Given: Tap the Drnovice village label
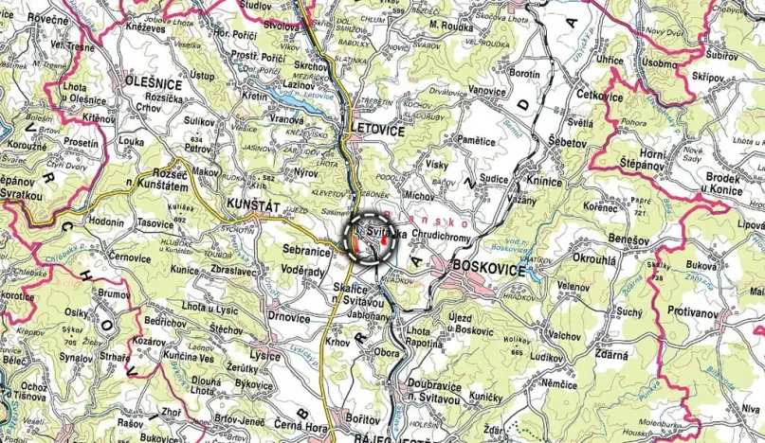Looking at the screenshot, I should [290, 317].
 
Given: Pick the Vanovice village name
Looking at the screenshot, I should [486, 91].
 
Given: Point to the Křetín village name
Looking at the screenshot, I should [255, 97].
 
